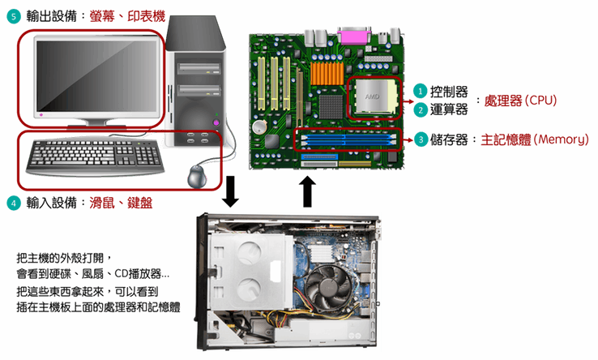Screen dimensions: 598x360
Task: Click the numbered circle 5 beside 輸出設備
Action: pos(14,17)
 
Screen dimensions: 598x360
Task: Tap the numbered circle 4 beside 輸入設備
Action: pos(14,203)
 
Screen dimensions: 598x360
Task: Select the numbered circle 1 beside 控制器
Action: pos(421,92)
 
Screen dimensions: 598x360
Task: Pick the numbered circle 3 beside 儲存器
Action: pos(421,139)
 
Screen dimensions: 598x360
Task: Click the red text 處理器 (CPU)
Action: pos(520,101)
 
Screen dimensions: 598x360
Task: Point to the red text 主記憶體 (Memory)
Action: pos(534,139)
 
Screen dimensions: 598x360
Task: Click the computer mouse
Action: pos(197,177)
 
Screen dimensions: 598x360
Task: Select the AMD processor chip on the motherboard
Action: pos(373,96)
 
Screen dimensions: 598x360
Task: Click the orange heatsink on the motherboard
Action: pos(327,73)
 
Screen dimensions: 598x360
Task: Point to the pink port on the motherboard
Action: pos(353,36)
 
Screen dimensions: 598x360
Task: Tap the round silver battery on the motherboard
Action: pos(260,126)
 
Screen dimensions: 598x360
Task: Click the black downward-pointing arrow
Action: pos(230,191)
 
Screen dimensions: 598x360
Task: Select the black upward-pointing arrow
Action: pos(307,191)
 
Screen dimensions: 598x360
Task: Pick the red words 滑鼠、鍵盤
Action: pos(121,203)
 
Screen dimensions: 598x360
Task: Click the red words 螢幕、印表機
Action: pos(127,16)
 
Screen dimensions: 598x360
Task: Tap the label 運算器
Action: pos(449,110)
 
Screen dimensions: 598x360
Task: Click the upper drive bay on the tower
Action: pos(199,69)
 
